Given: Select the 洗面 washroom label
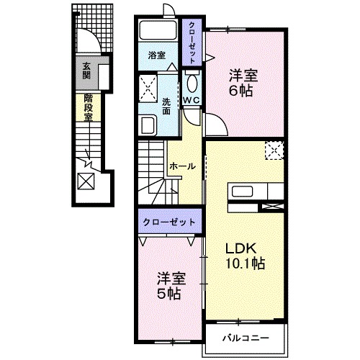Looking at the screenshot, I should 166,106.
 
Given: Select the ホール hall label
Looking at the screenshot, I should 182,166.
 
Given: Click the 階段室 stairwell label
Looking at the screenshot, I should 88,107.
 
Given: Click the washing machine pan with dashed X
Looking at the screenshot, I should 148,89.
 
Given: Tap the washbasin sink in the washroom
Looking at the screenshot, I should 148,125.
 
